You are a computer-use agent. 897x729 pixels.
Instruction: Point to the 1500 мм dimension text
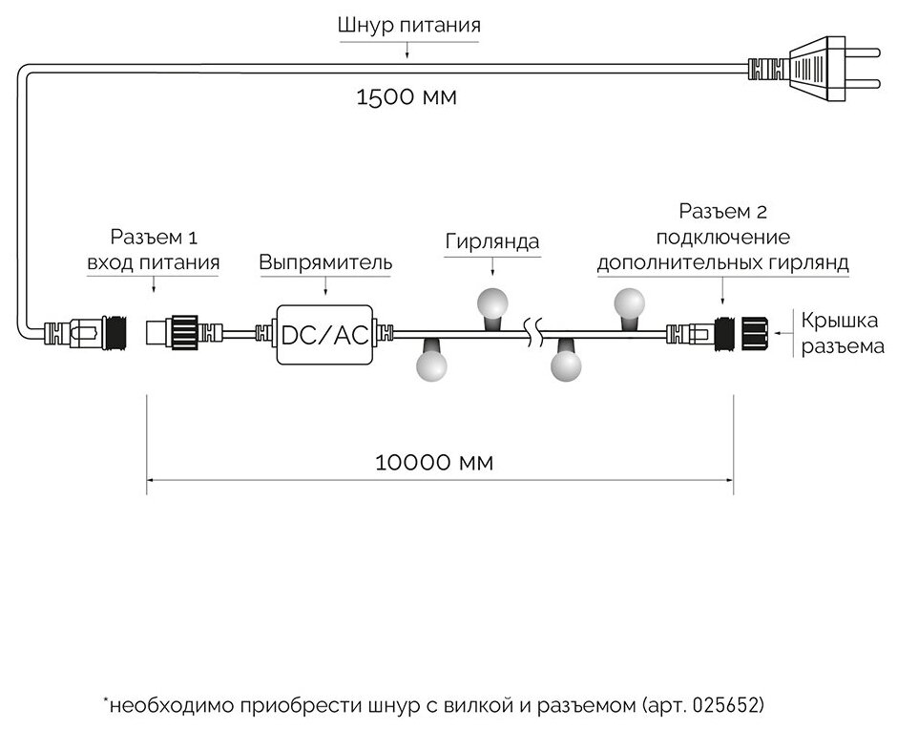pyautogui.click(x=408, y=97)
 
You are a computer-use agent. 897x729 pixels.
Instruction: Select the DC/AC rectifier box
pyautogui.click(x=324, y=334)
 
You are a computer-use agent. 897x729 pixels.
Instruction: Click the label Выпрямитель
pyautogui.click(x=325, y=261)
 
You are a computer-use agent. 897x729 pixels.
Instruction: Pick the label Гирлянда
pyautogui.click(x=491, y=241)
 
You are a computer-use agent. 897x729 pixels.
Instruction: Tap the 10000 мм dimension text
pyautogui.click(x=435, y=463)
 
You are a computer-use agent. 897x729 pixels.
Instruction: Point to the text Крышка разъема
pyautogui.click(x=843, y=334)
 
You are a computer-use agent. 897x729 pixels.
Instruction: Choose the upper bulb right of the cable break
pyautogui.click(x=631, y=303)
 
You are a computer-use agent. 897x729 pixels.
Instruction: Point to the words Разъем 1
pyautogui.click(x=154, y=238)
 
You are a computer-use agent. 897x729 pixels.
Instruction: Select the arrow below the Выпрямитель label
pyautogui.click(x=325, y=285)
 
